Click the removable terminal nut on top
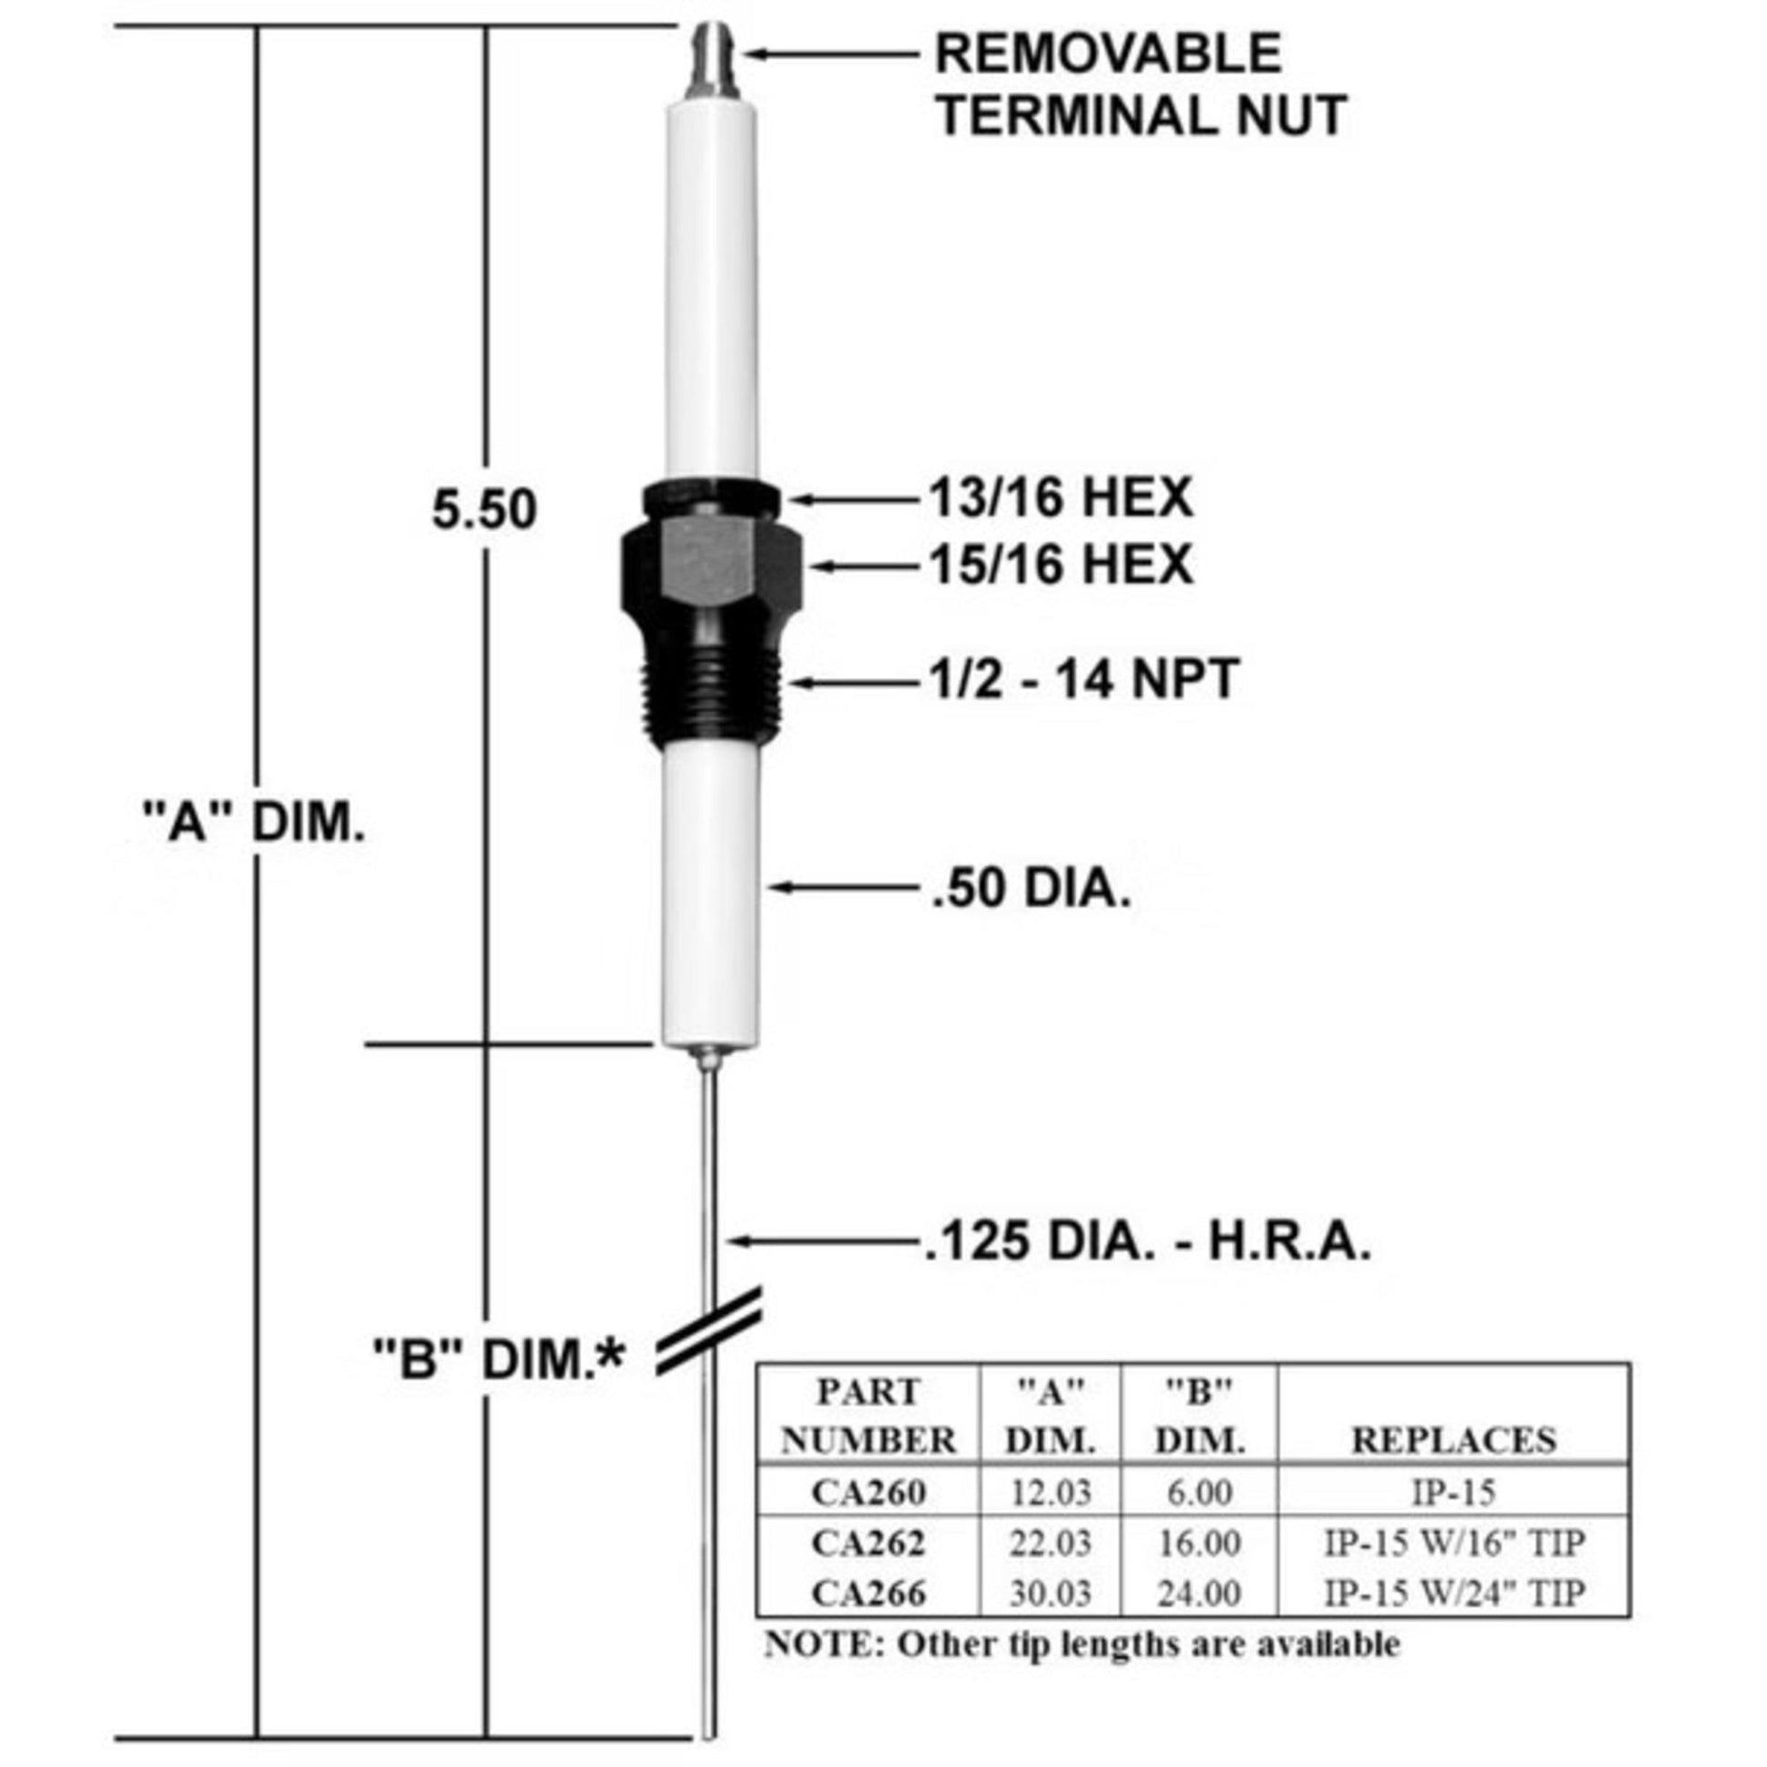tap(713, 60)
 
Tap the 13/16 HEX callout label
tap(1061, 499)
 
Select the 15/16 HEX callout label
tap(1061, 563)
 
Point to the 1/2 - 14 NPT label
tap(1085, 679)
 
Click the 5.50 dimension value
tap(485, 509)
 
